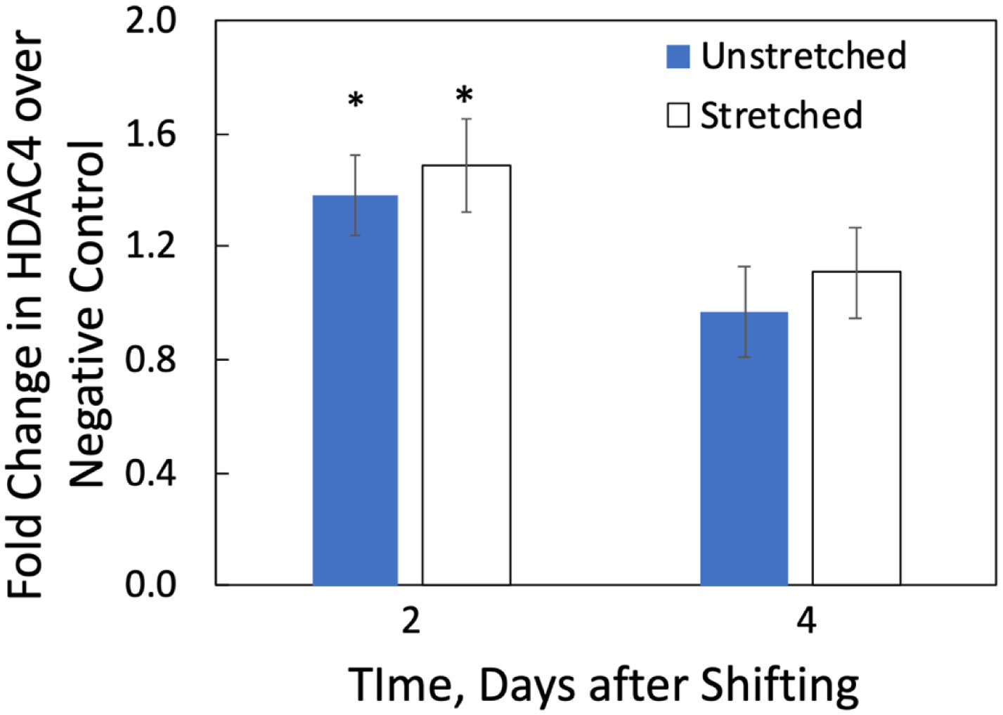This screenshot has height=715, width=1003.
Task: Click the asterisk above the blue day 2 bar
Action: (x=356, y=101)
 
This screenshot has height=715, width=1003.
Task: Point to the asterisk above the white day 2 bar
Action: (x=465, y=95)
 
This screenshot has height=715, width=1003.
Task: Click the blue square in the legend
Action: (x=678, y=56)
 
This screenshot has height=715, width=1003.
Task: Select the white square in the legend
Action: (x=678, y=115)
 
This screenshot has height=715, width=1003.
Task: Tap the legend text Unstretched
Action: (x=803, y=56)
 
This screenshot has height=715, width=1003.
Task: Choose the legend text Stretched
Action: (x=781, y=115)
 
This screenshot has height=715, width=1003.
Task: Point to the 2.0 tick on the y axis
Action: (x=150, y=21)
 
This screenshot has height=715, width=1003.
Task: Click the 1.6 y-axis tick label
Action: (x=150, y=134)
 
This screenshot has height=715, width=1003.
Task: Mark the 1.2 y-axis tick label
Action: (x=150, y=246)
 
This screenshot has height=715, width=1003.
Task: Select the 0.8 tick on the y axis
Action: (x=150, y=360)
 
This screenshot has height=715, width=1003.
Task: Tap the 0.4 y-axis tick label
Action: (x=150, y=473)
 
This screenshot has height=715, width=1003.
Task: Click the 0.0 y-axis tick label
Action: (x=150, y=585)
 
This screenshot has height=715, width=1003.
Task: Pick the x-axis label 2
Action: (x=410, y=621)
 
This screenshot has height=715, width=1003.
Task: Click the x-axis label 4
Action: (x=807, y=621)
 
